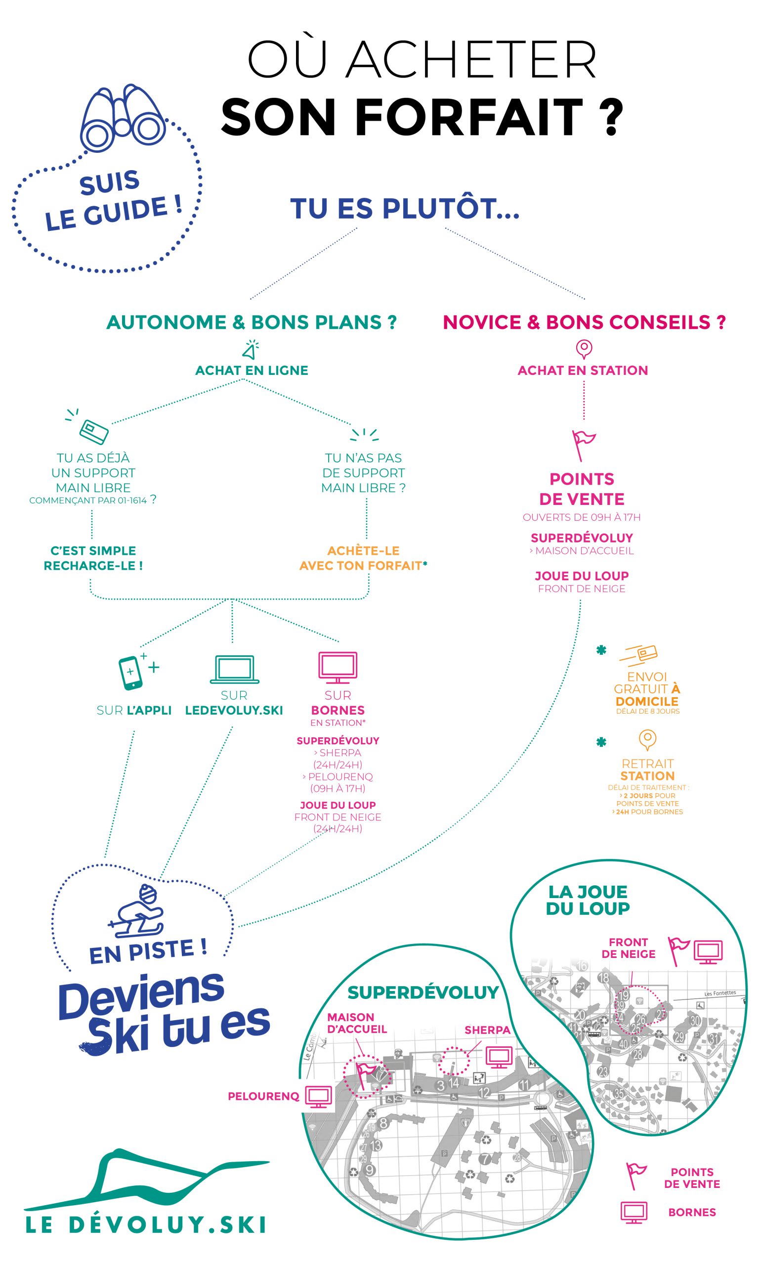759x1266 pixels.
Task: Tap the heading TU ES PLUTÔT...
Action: (404, 209)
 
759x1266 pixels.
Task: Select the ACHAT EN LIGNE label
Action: (252, 370)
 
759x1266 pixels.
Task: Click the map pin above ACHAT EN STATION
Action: (584, 349)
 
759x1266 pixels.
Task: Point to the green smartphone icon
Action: (129, 673)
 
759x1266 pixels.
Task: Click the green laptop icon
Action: (235, 669)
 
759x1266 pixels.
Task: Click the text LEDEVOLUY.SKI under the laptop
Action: (234, 710)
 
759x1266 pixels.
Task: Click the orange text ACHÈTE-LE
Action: (363, 550)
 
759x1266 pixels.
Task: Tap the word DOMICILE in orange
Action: (647, 701)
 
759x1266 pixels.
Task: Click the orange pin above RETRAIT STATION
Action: (647, 739)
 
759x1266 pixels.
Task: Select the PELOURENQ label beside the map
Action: (263, 1096)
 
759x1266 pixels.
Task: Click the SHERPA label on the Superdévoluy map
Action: (487, 1030)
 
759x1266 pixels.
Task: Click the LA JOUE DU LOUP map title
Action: (588, 900)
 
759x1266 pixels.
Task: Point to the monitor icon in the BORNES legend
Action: (633, 1212)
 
